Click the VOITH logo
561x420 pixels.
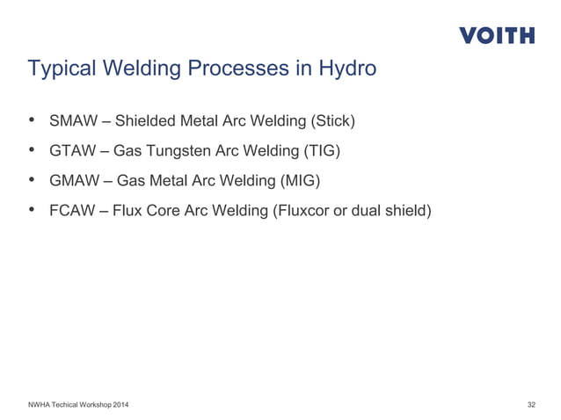[x=496, y=36]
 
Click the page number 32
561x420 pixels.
[x=531, y=404]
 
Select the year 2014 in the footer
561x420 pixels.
[x=124, y=404]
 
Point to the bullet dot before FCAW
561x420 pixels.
[x=33, y=212]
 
